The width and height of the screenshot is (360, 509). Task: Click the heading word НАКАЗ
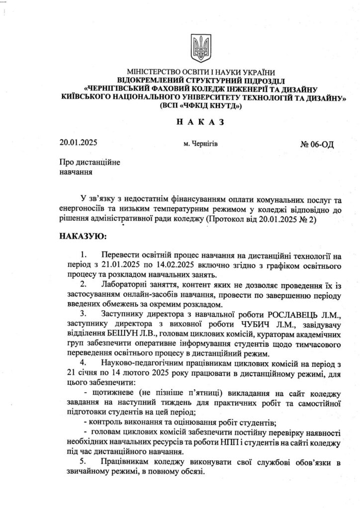[200, 121]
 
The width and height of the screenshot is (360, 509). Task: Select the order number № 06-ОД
[317, 144]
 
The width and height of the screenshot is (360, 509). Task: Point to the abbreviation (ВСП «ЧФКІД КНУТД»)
[200, 106]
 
